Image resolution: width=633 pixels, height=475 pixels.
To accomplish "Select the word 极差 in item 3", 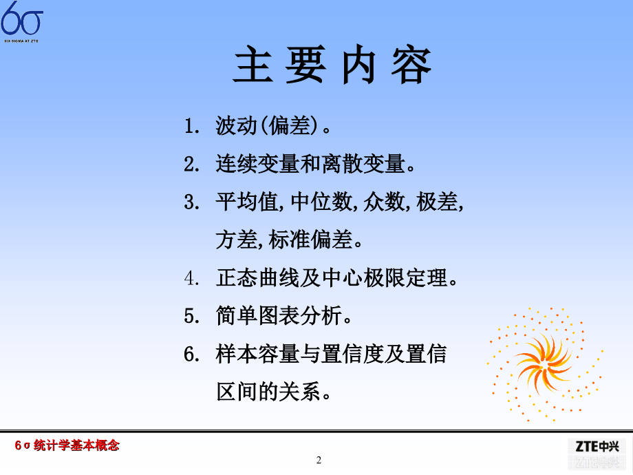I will (438, 203).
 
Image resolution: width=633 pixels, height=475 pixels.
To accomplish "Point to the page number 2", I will (319, 460).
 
